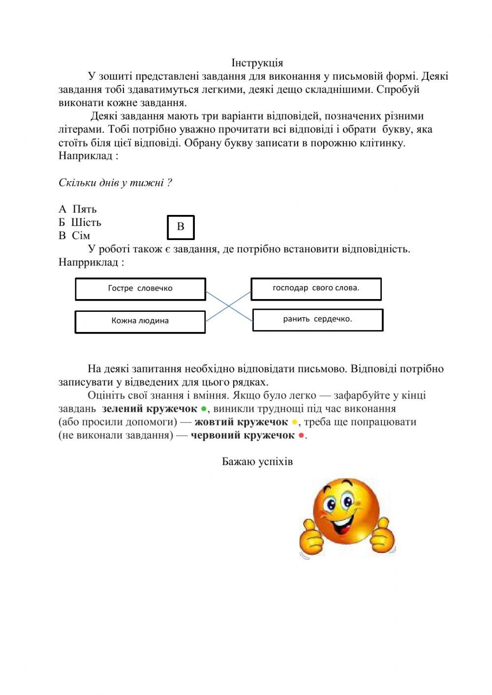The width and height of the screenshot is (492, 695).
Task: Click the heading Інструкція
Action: pyautogui.click(x=257, y=63)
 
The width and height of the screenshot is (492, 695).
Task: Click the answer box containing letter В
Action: pyautogui.click(x=181, y=227)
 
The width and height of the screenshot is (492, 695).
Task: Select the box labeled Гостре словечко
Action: pyautogui.click(x=140, y=289)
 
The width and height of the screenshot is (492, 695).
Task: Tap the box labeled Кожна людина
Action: pyautogui.click(x=140, y=321)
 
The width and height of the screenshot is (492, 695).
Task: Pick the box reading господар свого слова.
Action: pyautogui.click(x=316, y=288)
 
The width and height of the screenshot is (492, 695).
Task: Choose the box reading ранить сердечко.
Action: pyautogui.click(x=317, y=319)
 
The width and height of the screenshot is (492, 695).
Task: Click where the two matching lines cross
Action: pyautogui.click(x=229, y=305)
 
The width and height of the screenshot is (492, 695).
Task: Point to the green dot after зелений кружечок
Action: pyautogui.click(x=204, y=409)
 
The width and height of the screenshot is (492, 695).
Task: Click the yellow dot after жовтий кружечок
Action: pyautogui.click(x=295, y=422)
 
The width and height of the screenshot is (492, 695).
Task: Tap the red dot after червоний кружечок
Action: pyautogui.click(x=301, y=435)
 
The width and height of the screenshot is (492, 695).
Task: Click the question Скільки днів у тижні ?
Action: pyautogui.click(x=115, y=183)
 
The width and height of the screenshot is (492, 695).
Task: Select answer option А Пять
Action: pyautogui.click(x=78, y=209)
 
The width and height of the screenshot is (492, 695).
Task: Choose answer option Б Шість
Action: pyautogui.click(x=80, y=222)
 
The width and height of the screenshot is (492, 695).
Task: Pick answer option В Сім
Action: pyautogui.click(x=74, y=236)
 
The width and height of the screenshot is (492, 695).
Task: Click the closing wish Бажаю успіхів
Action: pyautogui.click(x=257, y=462)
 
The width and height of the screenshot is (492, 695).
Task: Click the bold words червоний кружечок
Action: pyautogui.click(x=243, y=435)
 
